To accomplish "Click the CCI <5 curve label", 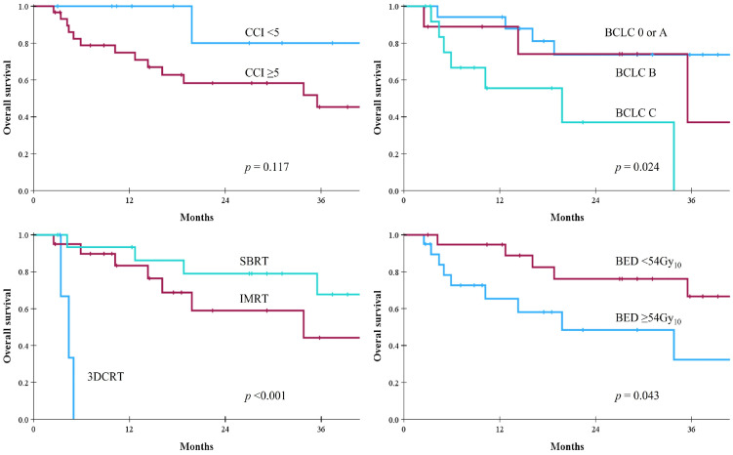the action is (262, 32).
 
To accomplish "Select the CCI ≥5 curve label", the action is (262, 73).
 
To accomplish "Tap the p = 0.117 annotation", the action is (266, 167).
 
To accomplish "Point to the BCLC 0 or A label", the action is (635, 32).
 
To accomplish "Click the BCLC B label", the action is (635, 73).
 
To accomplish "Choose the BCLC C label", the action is (635, 113).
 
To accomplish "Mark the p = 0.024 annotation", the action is (636, 167).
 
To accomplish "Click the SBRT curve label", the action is (254, 261).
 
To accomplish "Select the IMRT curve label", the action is (254, 299).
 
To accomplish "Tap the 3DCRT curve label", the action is (105, 377).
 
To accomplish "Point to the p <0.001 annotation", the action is (265, 396).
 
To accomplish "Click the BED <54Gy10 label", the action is (648, 263).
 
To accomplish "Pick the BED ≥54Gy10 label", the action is (648, 318).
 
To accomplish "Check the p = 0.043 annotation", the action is (636, 396).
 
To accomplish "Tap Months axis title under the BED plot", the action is (567, 446).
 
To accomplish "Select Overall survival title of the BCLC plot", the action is (378, 98).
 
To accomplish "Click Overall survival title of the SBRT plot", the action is (7, 326).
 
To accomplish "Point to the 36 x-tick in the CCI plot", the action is (321, 201).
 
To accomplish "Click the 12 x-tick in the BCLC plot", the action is (500, 201).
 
